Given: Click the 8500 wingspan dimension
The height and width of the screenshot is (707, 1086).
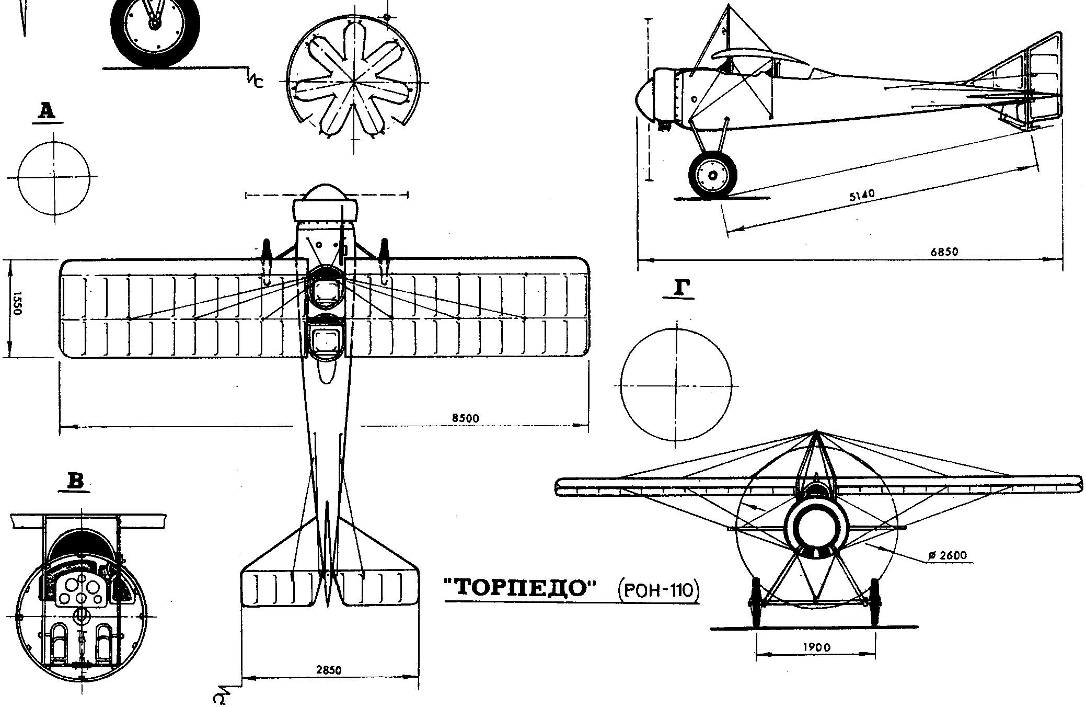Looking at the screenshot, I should pos(465,418).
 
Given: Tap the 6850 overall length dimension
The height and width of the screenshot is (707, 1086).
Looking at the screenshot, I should pos(944,252).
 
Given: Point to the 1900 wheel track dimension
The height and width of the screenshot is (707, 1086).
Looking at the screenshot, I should pos(816,647).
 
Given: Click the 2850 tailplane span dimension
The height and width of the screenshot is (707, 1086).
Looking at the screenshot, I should pos(329,670).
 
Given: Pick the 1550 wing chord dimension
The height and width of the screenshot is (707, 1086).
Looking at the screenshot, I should pos(17,303).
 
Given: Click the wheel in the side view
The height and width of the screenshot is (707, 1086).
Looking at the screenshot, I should pos(713,176).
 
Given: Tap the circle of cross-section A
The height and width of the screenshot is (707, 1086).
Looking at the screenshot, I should pos(53,178).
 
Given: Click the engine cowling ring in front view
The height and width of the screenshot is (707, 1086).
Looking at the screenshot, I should pos(815,529).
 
